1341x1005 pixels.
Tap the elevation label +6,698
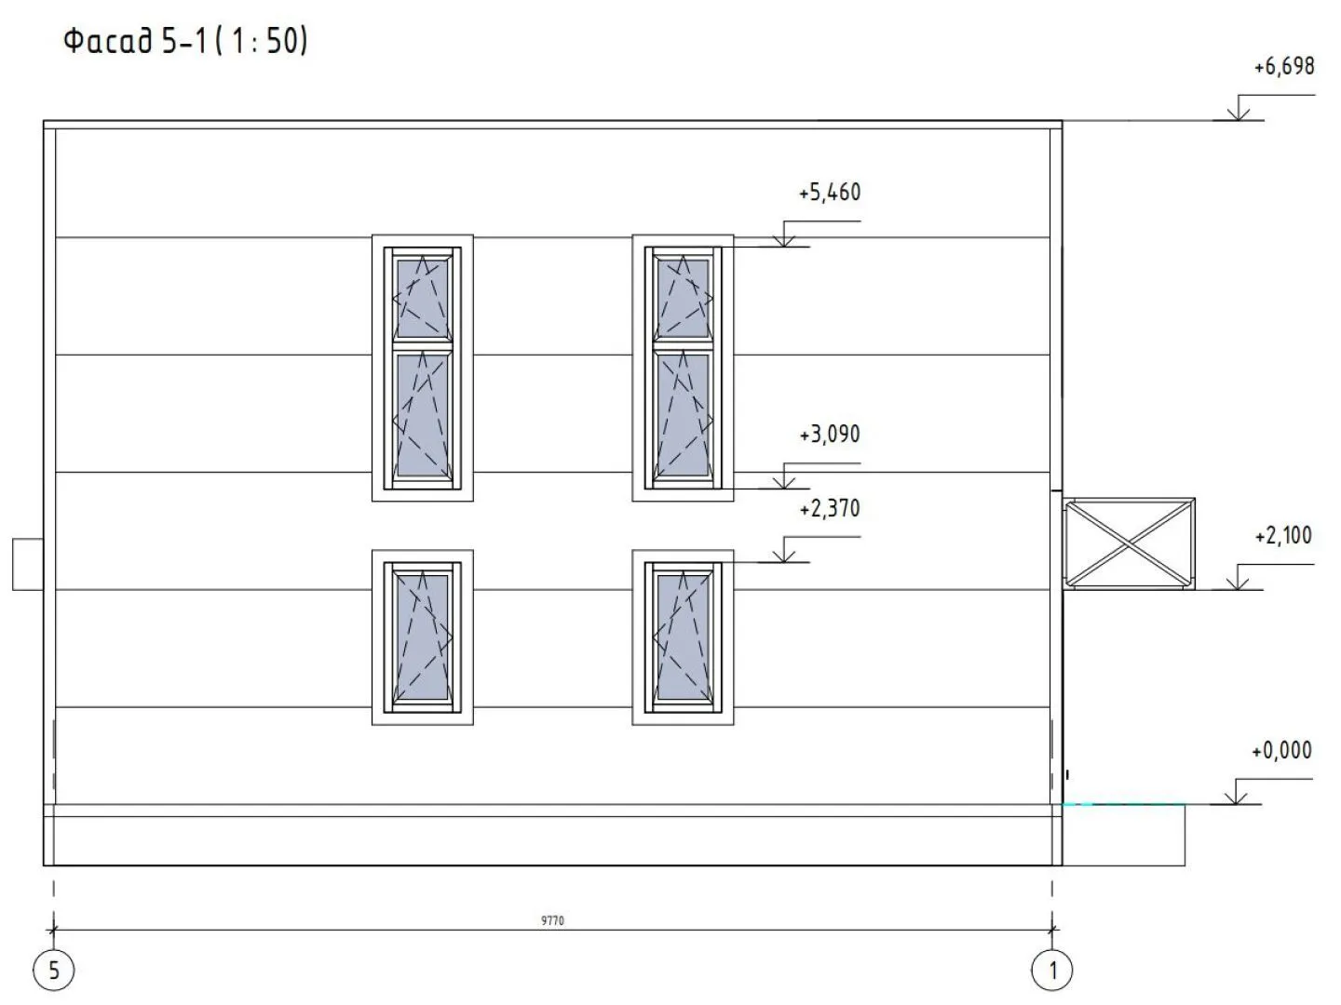1284,66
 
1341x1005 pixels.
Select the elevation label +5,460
830,193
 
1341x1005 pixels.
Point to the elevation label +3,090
830,435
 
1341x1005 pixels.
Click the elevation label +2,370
830,508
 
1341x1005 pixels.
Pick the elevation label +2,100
1283,536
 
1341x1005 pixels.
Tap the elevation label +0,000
1282,751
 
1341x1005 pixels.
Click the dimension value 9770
552,921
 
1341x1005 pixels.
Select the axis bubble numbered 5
54,971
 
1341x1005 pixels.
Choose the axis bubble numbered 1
1052,971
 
